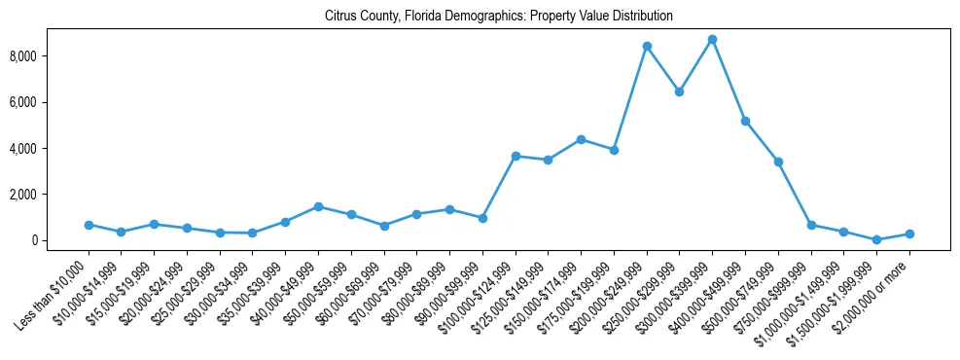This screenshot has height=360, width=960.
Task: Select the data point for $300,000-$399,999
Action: tap(712, 40)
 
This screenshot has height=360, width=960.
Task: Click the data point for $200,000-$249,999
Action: tap(647, 47)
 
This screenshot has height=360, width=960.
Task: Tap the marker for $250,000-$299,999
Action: tap(679, 91)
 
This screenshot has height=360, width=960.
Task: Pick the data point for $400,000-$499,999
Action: tap(745, 121)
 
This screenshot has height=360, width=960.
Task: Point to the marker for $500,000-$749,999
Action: tap(778, 162)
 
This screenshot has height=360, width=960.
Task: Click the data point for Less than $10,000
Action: tap(89, 225)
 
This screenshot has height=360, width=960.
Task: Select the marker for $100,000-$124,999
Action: tap(516, 156)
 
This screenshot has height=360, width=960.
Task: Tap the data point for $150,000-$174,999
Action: tap(581, 139)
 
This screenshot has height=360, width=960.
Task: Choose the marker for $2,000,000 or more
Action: tap(909, 234)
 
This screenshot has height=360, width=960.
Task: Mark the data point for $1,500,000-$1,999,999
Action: tap(876, 239)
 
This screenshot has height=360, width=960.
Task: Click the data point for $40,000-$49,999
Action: tap(318, 206)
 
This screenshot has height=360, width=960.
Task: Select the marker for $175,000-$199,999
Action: tap(614, 150)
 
